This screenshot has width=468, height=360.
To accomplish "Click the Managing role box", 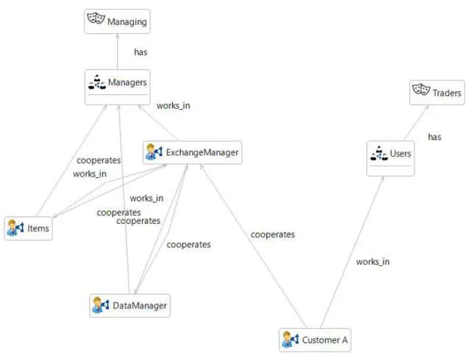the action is pos(117,21).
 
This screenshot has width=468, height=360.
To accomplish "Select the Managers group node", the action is pos(117,87).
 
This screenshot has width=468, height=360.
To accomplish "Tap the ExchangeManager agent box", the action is pos(192,152).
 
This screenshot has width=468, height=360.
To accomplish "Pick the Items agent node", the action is pos(29,228).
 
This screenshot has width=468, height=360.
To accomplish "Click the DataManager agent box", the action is pos(130,306).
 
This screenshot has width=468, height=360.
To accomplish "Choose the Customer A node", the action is pos(315,340).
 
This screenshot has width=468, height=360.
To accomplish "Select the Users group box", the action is pos(391,158).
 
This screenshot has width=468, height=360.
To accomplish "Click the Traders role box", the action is pos(437,93).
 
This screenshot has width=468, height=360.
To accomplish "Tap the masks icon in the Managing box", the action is pos(96,18).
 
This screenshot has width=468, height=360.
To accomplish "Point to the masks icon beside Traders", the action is pos(421,89).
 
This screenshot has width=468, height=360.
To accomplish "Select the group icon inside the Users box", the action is pos(379,153).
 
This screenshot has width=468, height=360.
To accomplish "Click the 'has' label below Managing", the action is pos(141,52).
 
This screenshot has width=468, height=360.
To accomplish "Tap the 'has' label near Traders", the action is pos(435,137).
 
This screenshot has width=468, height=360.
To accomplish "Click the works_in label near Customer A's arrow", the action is pos(373,262).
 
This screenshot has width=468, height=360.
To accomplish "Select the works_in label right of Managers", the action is pos(174,106).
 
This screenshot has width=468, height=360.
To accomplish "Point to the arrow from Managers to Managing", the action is pos(117,52).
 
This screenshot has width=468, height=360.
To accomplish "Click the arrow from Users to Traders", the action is pos(416,123).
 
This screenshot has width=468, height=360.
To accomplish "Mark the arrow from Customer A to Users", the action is pos(352,253).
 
